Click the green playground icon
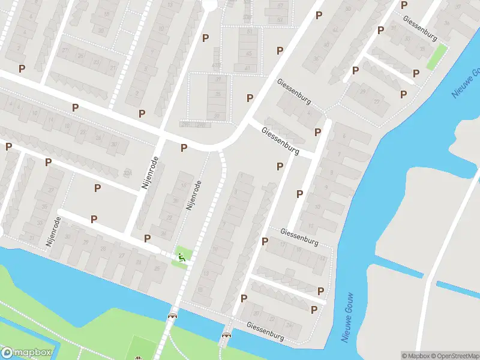[181, 258]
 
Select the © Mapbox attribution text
[415, 356]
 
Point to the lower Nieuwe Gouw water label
[347, 318]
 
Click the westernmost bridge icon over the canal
[173, 316]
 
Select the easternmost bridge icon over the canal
[227, 335]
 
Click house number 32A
[127, 173]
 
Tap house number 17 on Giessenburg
[283, 244]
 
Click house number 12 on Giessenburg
[323, 258]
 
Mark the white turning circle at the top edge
[209, 4]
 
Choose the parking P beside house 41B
[206, 38]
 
